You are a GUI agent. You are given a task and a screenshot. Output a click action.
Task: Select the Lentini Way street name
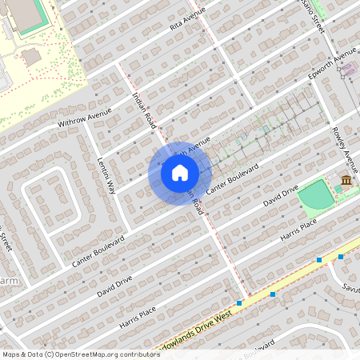pos(106,174)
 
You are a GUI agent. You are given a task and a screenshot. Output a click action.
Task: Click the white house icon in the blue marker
pos(179,173)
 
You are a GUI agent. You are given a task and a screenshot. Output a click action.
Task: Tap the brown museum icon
pos(346,182)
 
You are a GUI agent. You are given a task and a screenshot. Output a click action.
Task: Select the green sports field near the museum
pos(318,194)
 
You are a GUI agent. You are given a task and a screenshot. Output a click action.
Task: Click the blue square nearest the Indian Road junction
pos(240,302)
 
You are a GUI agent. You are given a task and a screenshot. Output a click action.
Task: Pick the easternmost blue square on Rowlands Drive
pos(341,257)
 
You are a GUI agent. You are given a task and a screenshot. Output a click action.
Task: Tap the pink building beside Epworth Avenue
pos(347,70)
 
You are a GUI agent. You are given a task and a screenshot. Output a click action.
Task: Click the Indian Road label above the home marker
pos(142,108)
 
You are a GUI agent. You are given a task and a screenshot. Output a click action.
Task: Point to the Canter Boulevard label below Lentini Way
pos(98,250)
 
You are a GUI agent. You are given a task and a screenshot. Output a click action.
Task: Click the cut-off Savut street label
pos(350,288)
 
